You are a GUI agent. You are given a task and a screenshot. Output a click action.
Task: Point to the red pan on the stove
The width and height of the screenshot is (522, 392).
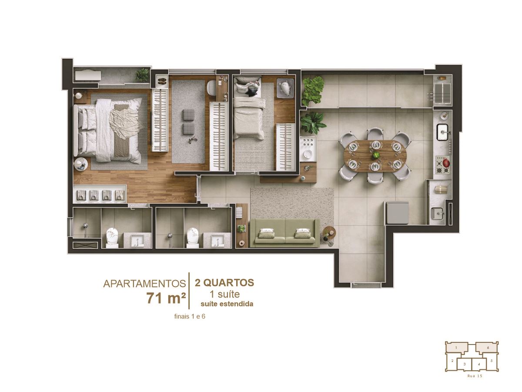tap(446, 162)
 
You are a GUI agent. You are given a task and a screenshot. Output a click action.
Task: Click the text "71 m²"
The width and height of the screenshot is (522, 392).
tap(166, 298)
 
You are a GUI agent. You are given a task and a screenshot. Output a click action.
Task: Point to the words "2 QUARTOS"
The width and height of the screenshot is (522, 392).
tap(224, 283)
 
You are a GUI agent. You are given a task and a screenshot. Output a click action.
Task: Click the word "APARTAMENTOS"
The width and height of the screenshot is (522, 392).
tap(144, 284)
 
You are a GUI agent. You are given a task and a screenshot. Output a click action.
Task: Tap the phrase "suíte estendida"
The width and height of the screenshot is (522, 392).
tap(227, 304)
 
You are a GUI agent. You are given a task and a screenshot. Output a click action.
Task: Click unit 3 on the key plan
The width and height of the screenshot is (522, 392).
tap(465, 364)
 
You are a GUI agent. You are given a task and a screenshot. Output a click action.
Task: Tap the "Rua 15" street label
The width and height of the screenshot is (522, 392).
tap(475, 376)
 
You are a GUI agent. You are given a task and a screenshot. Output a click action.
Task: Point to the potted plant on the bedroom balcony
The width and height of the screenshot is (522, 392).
tap(142, 74)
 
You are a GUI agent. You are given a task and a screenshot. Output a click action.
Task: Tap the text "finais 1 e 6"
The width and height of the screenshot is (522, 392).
tap(190, 317)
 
